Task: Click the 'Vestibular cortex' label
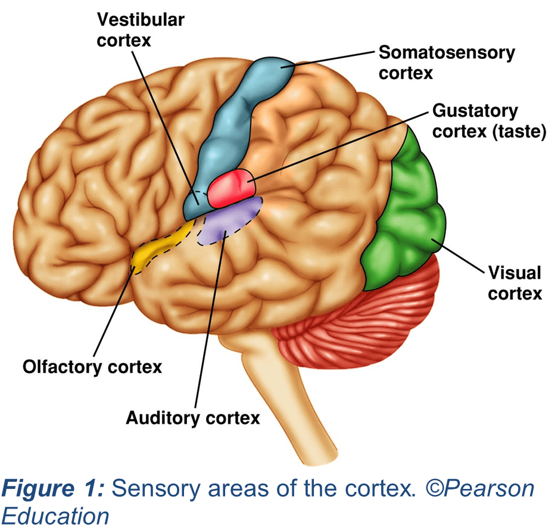(x=141, y=30)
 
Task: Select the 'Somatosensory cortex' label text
(x=447, y=63)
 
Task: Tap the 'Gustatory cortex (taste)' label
(x=488, y=121)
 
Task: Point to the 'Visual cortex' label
(x=515, y=283)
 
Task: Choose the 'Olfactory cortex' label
(x=92, y=366)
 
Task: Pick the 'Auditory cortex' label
(x=193, y=417)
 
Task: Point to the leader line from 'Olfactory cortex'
(x=113, y=313)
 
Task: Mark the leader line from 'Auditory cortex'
(x=208, y=322)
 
